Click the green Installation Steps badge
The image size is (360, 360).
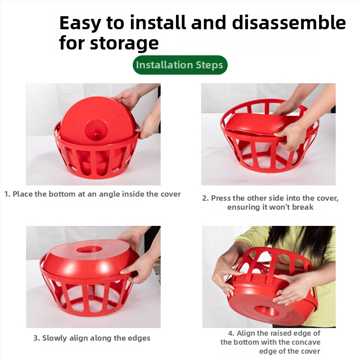pyautogui.click(x=180, y=65)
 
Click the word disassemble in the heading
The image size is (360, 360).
pyautogui.click(x=289, y=23)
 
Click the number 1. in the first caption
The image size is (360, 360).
pyautogui.click(x=7, y=194)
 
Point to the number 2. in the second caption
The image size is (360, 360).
pyautogui.click(x=206, y=198)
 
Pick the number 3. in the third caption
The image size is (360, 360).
pyautogui.click(x=37, y=338)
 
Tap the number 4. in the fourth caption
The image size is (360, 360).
pyautogui.click(x=231, y=333)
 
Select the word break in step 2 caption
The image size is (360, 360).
pyautogui.click(x=303, y=207)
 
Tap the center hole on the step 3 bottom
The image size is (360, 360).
pyautogui.click(x=89, y=249)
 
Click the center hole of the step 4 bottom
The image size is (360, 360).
pyautogui.click(x=266, y=310)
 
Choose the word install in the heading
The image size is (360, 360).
pyautogui.click(x=158, y=23)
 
